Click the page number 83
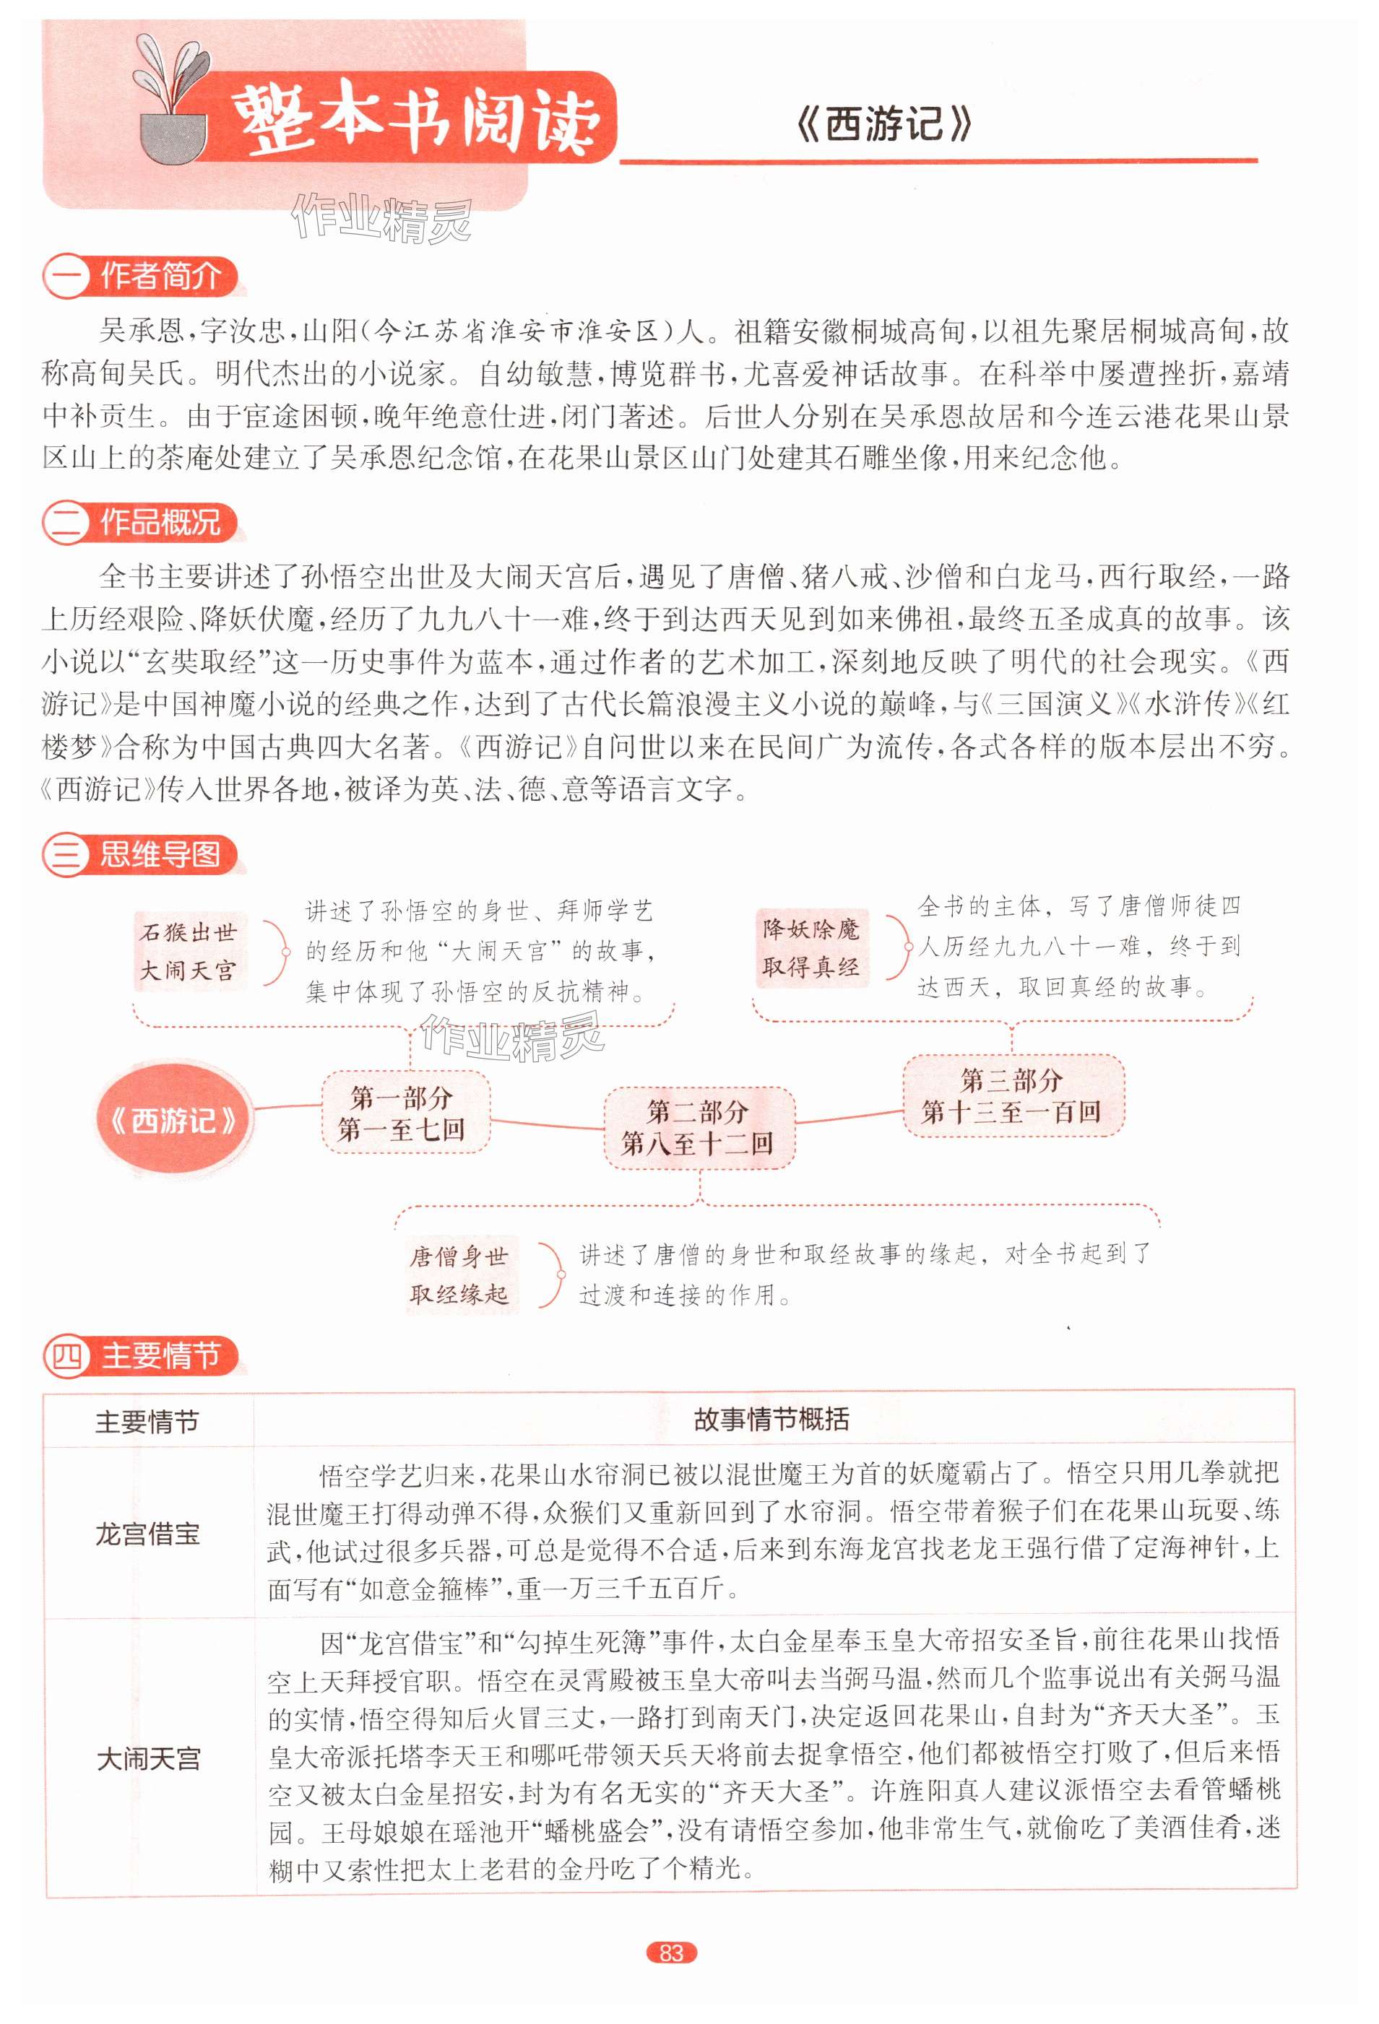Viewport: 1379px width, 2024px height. click(671, 1953)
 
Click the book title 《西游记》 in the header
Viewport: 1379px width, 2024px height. click(883, 124)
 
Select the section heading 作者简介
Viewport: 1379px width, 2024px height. click(160, 277)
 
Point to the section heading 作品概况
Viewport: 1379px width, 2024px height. click(160, 523)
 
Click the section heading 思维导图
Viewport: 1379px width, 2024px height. click(160, 854)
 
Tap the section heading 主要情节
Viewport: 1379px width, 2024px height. click(161, 1356)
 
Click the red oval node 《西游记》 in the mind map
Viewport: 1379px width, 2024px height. click(173, 1120)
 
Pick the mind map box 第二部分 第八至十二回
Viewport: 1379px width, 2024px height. click(698, 1127)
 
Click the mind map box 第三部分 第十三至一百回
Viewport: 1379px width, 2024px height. click(1011, 1095)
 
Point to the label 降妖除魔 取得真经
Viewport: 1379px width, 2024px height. click(811, 947)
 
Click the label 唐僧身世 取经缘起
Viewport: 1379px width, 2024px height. click(459, 1274)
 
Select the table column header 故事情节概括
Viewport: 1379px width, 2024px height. click(771, 1420)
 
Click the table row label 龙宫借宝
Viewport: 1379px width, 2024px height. click(148, 1533)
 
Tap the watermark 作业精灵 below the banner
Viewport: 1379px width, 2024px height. click(381, 218)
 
